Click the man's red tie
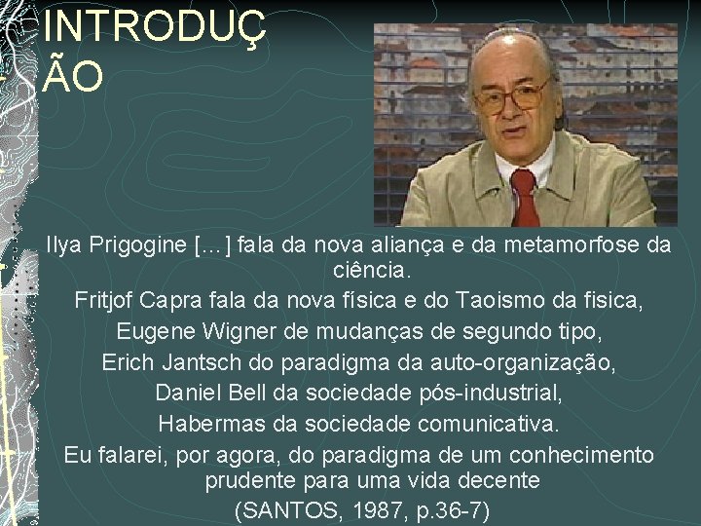(525, 194)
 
